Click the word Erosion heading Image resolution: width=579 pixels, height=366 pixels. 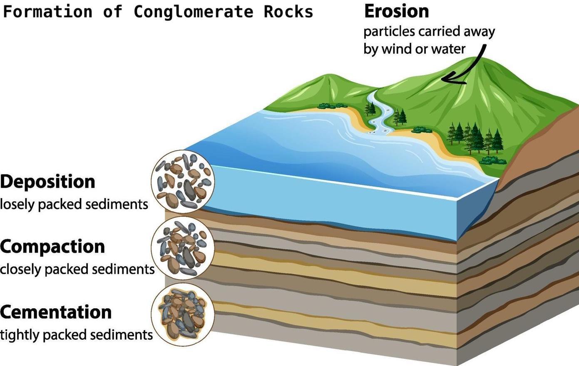point(396,12)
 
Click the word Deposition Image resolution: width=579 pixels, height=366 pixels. point(48,182)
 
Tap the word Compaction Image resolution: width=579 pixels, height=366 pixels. point(52,247)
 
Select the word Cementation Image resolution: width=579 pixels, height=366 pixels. point(56,312)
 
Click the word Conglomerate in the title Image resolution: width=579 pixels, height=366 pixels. point(193,12)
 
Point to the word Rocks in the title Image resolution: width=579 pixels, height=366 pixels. point(288,12)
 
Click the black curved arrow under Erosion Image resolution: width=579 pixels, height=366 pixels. point(466,66)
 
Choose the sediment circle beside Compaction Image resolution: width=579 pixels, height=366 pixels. point(182,248)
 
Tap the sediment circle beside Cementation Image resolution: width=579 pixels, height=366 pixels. point(182,314)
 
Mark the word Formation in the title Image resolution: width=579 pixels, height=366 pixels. point(47,12)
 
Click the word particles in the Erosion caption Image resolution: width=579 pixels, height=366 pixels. point(389,32)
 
